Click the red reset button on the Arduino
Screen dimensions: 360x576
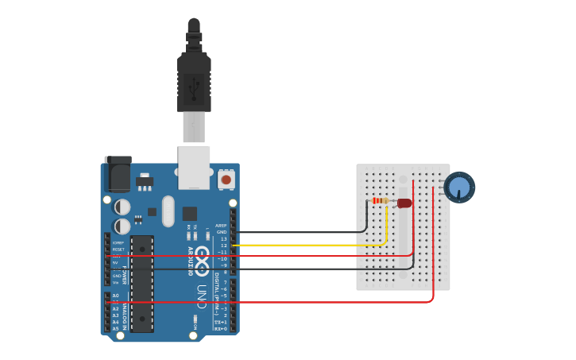(226, 180)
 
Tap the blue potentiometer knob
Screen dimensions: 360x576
(459, 188)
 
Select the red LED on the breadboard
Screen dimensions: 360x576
(404, 203)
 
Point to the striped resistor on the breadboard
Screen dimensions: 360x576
(381, 200)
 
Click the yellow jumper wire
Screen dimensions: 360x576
(318, 246)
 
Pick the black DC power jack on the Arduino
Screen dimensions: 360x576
(118, 173)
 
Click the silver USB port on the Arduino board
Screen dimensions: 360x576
(194, 167)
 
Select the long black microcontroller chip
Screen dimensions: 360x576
(142, 283)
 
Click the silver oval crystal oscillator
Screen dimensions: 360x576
(168, 211)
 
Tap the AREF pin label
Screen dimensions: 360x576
(221, 226)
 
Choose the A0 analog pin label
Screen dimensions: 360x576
(115, 296)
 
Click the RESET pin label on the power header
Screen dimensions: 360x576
(118, 250)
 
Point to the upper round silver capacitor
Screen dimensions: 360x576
(122, 207)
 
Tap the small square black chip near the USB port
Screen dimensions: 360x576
(190, 213)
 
